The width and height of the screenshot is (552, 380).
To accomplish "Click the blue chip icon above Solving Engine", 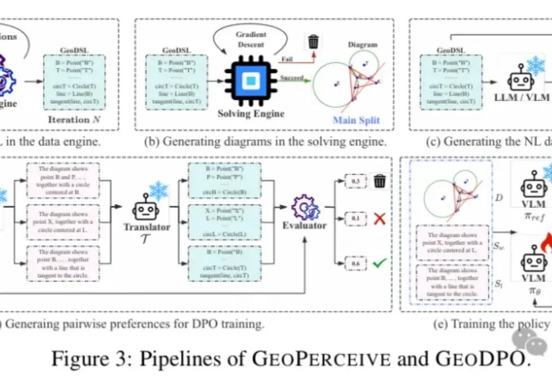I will pos(250,80).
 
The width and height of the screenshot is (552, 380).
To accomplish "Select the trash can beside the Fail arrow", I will pos(313,41).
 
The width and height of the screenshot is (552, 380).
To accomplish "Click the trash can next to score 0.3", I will pos(380,181).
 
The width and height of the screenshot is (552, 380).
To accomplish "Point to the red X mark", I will pos(379,220).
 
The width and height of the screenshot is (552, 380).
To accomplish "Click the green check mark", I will pos(380,264).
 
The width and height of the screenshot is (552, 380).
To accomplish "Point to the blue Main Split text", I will pos(356,121).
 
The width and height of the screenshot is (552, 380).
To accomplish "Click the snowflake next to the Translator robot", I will pos(159,191).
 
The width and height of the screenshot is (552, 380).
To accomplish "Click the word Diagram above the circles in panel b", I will pos(362,44).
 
